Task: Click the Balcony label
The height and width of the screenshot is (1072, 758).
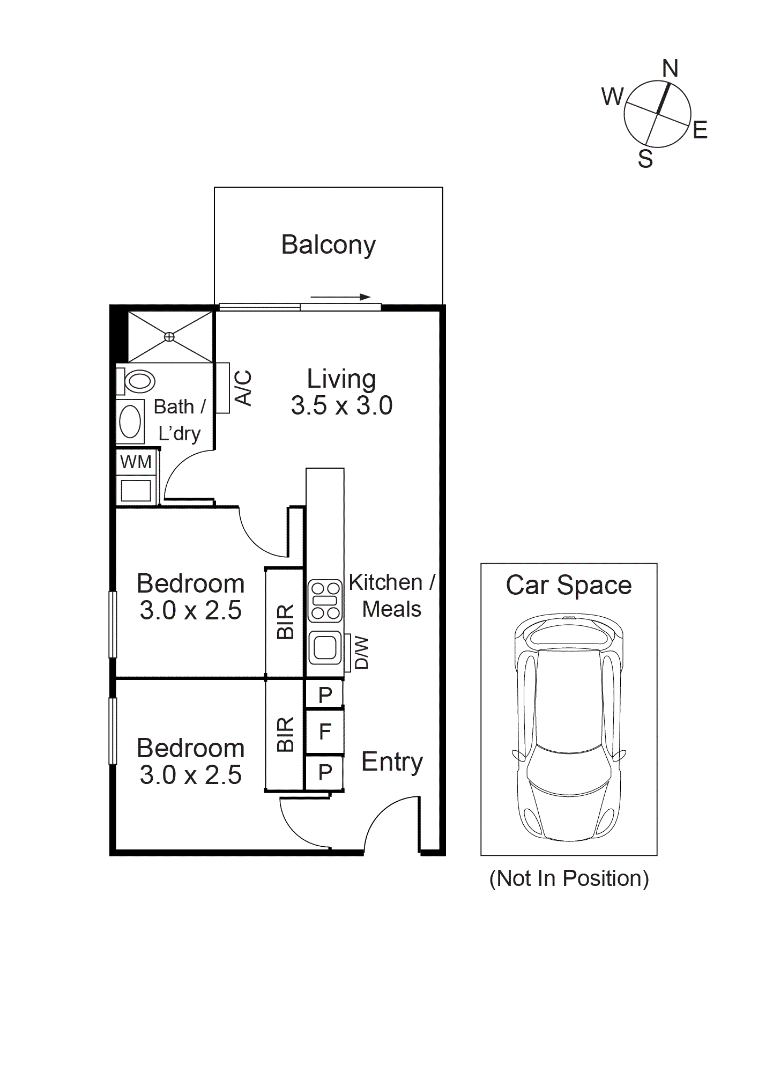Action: click(x=328, y=245)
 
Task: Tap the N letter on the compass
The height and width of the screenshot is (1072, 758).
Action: click(x=670, y=69)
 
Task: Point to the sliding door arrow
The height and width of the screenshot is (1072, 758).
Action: click(x=340, y=297)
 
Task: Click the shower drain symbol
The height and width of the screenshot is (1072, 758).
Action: click(x=169, y=337)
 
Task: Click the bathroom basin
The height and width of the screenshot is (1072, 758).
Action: click(x=130, y=422)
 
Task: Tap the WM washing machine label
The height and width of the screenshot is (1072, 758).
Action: click(x=136, y=462)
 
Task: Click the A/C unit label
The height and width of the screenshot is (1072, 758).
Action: click(x=243, y=388)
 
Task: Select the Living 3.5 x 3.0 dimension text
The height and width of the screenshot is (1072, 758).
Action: click(x=341, y=405)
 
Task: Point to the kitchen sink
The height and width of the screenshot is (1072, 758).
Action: click(x=325, y=647)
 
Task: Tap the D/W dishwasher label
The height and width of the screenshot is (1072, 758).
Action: click(x=362, y=653)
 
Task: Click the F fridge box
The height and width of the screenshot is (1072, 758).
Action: click(x=324, y=731)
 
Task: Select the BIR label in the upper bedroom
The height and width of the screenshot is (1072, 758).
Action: click(x=286, y=622)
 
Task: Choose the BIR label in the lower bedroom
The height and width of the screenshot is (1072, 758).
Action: click(x=286, y=734)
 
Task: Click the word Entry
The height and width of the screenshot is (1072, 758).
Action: click(x=392, y=762)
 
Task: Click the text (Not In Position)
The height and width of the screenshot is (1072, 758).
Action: click(x=569, y=879)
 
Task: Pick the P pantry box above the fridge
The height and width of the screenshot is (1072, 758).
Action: click(x=324, y=694)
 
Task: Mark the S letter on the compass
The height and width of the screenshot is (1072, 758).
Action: click(x=645, y=159)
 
